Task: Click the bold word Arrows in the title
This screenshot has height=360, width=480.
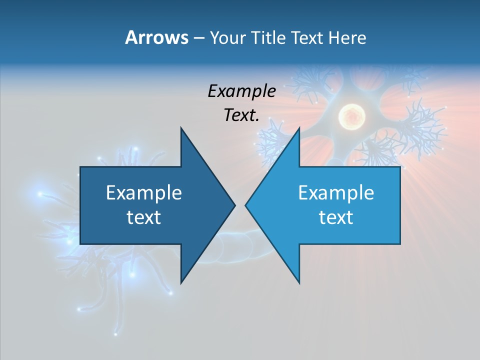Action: (156, 37)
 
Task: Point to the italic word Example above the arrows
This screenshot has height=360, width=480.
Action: (241, 91)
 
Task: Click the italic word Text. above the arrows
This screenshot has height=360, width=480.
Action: (241, 115)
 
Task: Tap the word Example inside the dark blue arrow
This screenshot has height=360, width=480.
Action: (144, 193)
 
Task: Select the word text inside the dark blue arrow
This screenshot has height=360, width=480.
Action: (144, 217)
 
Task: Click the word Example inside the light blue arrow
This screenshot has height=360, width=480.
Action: (336, 193)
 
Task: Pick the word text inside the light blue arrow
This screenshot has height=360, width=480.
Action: (336, 217)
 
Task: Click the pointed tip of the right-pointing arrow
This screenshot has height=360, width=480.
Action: (234, 205)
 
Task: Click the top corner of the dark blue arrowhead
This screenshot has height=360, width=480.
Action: (181, 128)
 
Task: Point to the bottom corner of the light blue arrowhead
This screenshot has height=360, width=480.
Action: (299, 283)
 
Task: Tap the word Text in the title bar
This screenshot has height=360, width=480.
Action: (306, 38)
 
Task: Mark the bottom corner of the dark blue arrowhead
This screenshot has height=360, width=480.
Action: (181, 283)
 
